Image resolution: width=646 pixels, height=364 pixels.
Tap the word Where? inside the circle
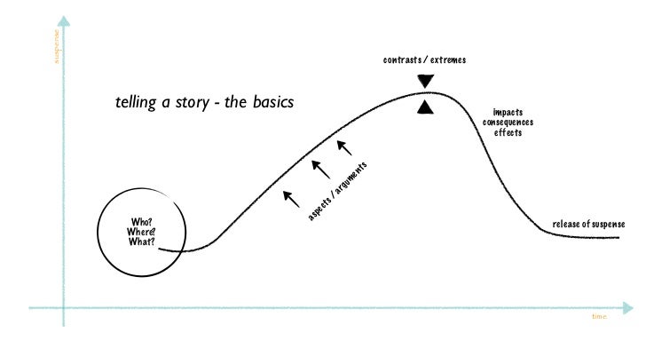pyautogui.click(x=142, y=232)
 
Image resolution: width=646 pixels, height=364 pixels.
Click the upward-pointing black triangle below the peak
pyautogui.click(x=426, y=107)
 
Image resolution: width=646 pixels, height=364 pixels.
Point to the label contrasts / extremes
pyautogui.click(x=424, y=60)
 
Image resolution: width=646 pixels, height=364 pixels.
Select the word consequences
pyautogui.click(x=508, y=123)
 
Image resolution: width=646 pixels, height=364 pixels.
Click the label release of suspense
pyautogui.click(x=588, y=224)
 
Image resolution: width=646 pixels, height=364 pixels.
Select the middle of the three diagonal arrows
pyautogui.click(x=320, y=168)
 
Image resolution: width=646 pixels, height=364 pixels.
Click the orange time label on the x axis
pyautogui.click(x=599, y=316)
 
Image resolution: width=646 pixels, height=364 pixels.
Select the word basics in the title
pyautogui.click(x=272, y=103)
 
